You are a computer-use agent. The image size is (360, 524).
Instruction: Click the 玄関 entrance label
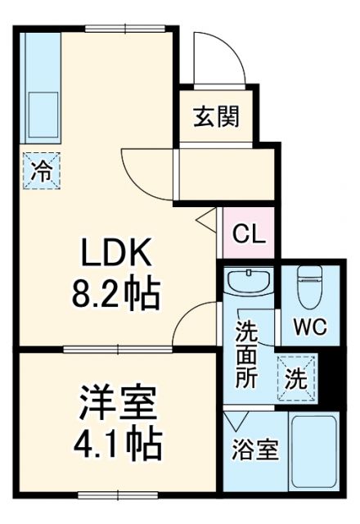pyautogui.click(x=216, y=118)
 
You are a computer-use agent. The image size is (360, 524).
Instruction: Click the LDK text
pyautogui.click(x=116, y=255)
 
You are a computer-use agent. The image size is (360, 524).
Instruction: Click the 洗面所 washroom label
pyautogui.click(x=247, y=357)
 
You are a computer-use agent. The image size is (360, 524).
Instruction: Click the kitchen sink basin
pyautogui.click(x=41, y=114)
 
